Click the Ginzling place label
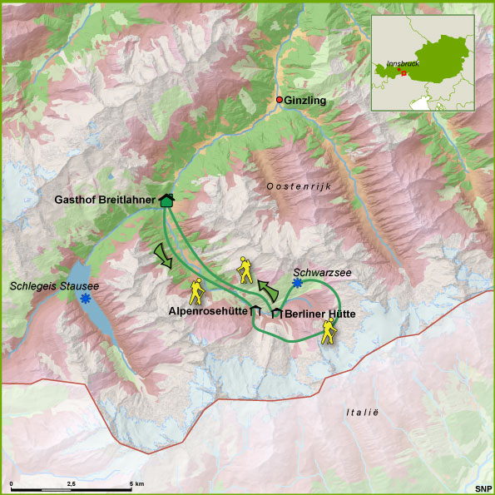[x=305, y=101]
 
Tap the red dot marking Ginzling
[x=280, y=101]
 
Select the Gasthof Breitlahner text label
[x=106, y=200]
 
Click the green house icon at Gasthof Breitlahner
[x=166, y=200]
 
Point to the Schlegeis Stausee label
[x=55, y=286]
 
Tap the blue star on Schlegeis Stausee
[x=85, y=297]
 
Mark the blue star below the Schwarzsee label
[x=297, y=283]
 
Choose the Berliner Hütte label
[x=320, y=314]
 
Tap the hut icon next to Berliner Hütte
[x=276, y=313]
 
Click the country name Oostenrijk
[x=299, y=187]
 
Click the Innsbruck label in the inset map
[x=403, y=64]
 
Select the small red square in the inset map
[x=403, y=72]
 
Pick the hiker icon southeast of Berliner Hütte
[x=329, y=334]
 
